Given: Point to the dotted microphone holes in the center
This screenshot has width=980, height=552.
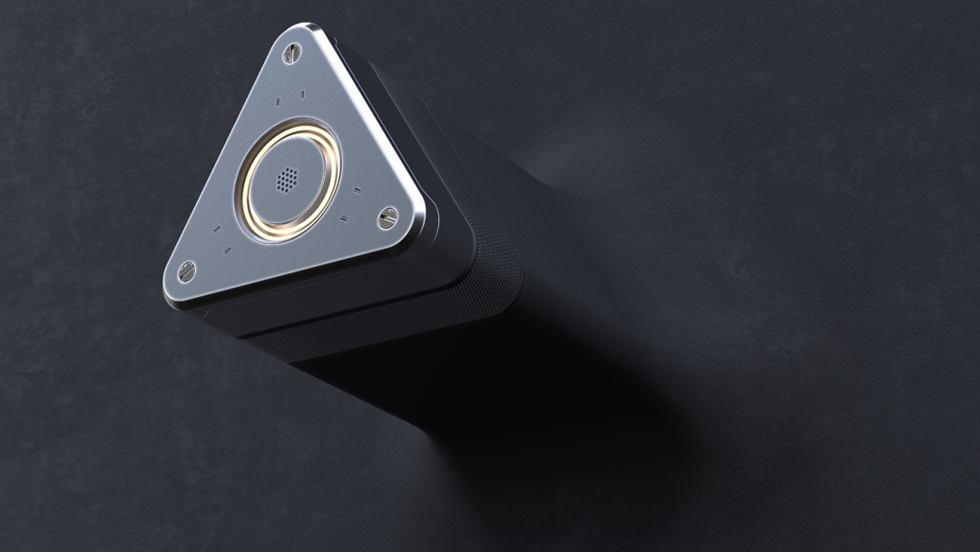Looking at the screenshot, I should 286,179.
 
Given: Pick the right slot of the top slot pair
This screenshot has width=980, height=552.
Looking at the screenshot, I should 302,93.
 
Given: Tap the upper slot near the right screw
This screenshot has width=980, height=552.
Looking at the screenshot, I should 357,191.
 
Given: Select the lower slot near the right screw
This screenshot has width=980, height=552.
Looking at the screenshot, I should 345,217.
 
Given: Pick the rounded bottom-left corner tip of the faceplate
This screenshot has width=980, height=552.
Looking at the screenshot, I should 171,281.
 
